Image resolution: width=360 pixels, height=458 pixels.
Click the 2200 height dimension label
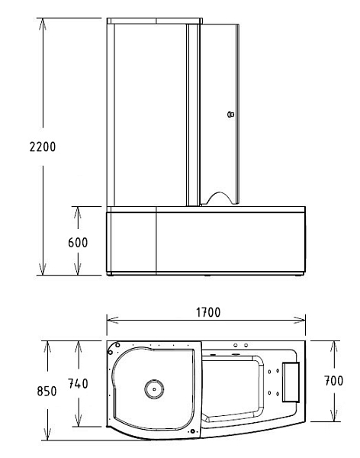43,147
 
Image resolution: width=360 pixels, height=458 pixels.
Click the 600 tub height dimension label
78,243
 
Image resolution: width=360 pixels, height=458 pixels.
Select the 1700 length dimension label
208,312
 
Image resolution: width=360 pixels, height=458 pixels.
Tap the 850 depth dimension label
47,391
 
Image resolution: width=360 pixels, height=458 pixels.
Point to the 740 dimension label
78,383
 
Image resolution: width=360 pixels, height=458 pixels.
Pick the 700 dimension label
334,381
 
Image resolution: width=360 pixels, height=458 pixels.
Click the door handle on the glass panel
230,114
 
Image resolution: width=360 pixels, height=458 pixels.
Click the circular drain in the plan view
154,389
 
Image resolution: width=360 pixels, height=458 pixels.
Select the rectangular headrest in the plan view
291,382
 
